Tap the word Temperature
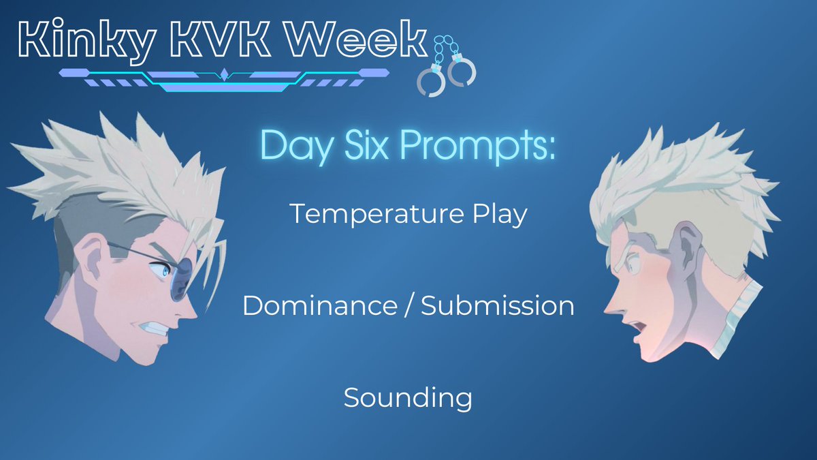381,214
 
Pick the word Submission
498,306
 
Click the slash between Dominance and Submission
408,306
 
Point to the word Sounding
408,397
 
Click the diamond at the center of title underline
224,74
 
